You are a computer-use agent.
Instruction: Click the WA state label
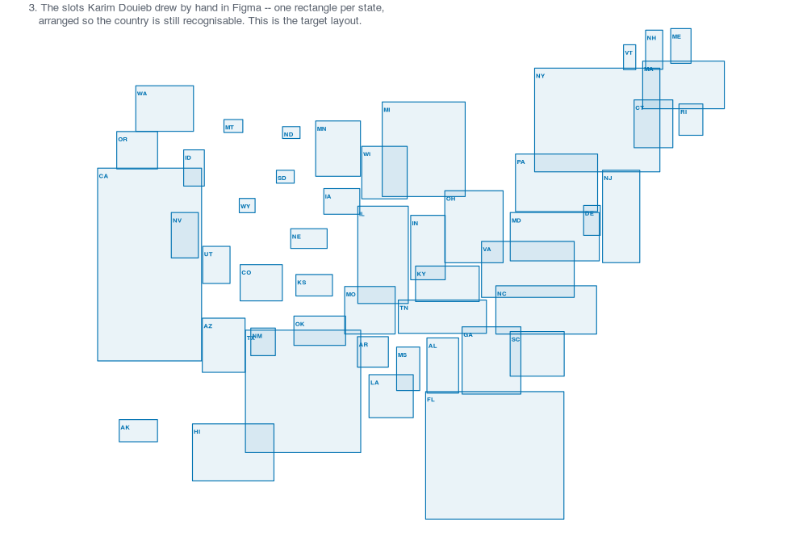[x=142, y=94]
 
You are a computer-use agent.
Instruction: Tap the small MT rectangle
[x=233, y=126]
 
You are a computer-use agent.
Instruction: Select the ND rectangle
[x=291, y=133]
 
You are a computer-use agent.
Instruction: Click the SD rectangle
[x=285, y=177]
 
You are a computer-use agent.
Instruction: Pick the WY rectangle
[x=247, y=205]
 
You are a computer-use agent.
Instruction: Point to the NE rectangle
[x=309, y=238]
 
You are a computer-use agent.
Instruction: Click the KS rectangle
[x=314, y=285]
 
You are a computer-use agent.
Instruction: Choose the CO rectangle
[x=261, y=283]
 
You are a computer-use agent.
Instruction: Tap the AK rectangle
[x=139, y=430]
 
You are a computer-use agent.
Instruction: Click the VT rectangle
[x=629, y=57]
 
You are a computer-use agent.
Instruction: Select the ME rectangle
[x=681, y=46]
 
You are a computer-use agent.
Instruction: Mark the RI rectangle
[x=691, y=120]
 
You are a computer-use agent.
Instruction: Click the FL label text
[x=431, y=400]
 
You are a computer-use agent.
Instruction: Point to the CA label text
[x=103, y=176]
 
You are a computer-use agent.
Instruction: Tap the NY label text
[x=541, y=76]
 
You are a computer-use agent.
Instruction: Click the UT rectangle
[x=216, y=265]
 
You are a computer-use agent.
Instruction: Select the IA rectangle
[x=341, y=201]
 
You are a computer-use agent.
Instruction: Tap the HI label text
[x=197, y=432]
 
